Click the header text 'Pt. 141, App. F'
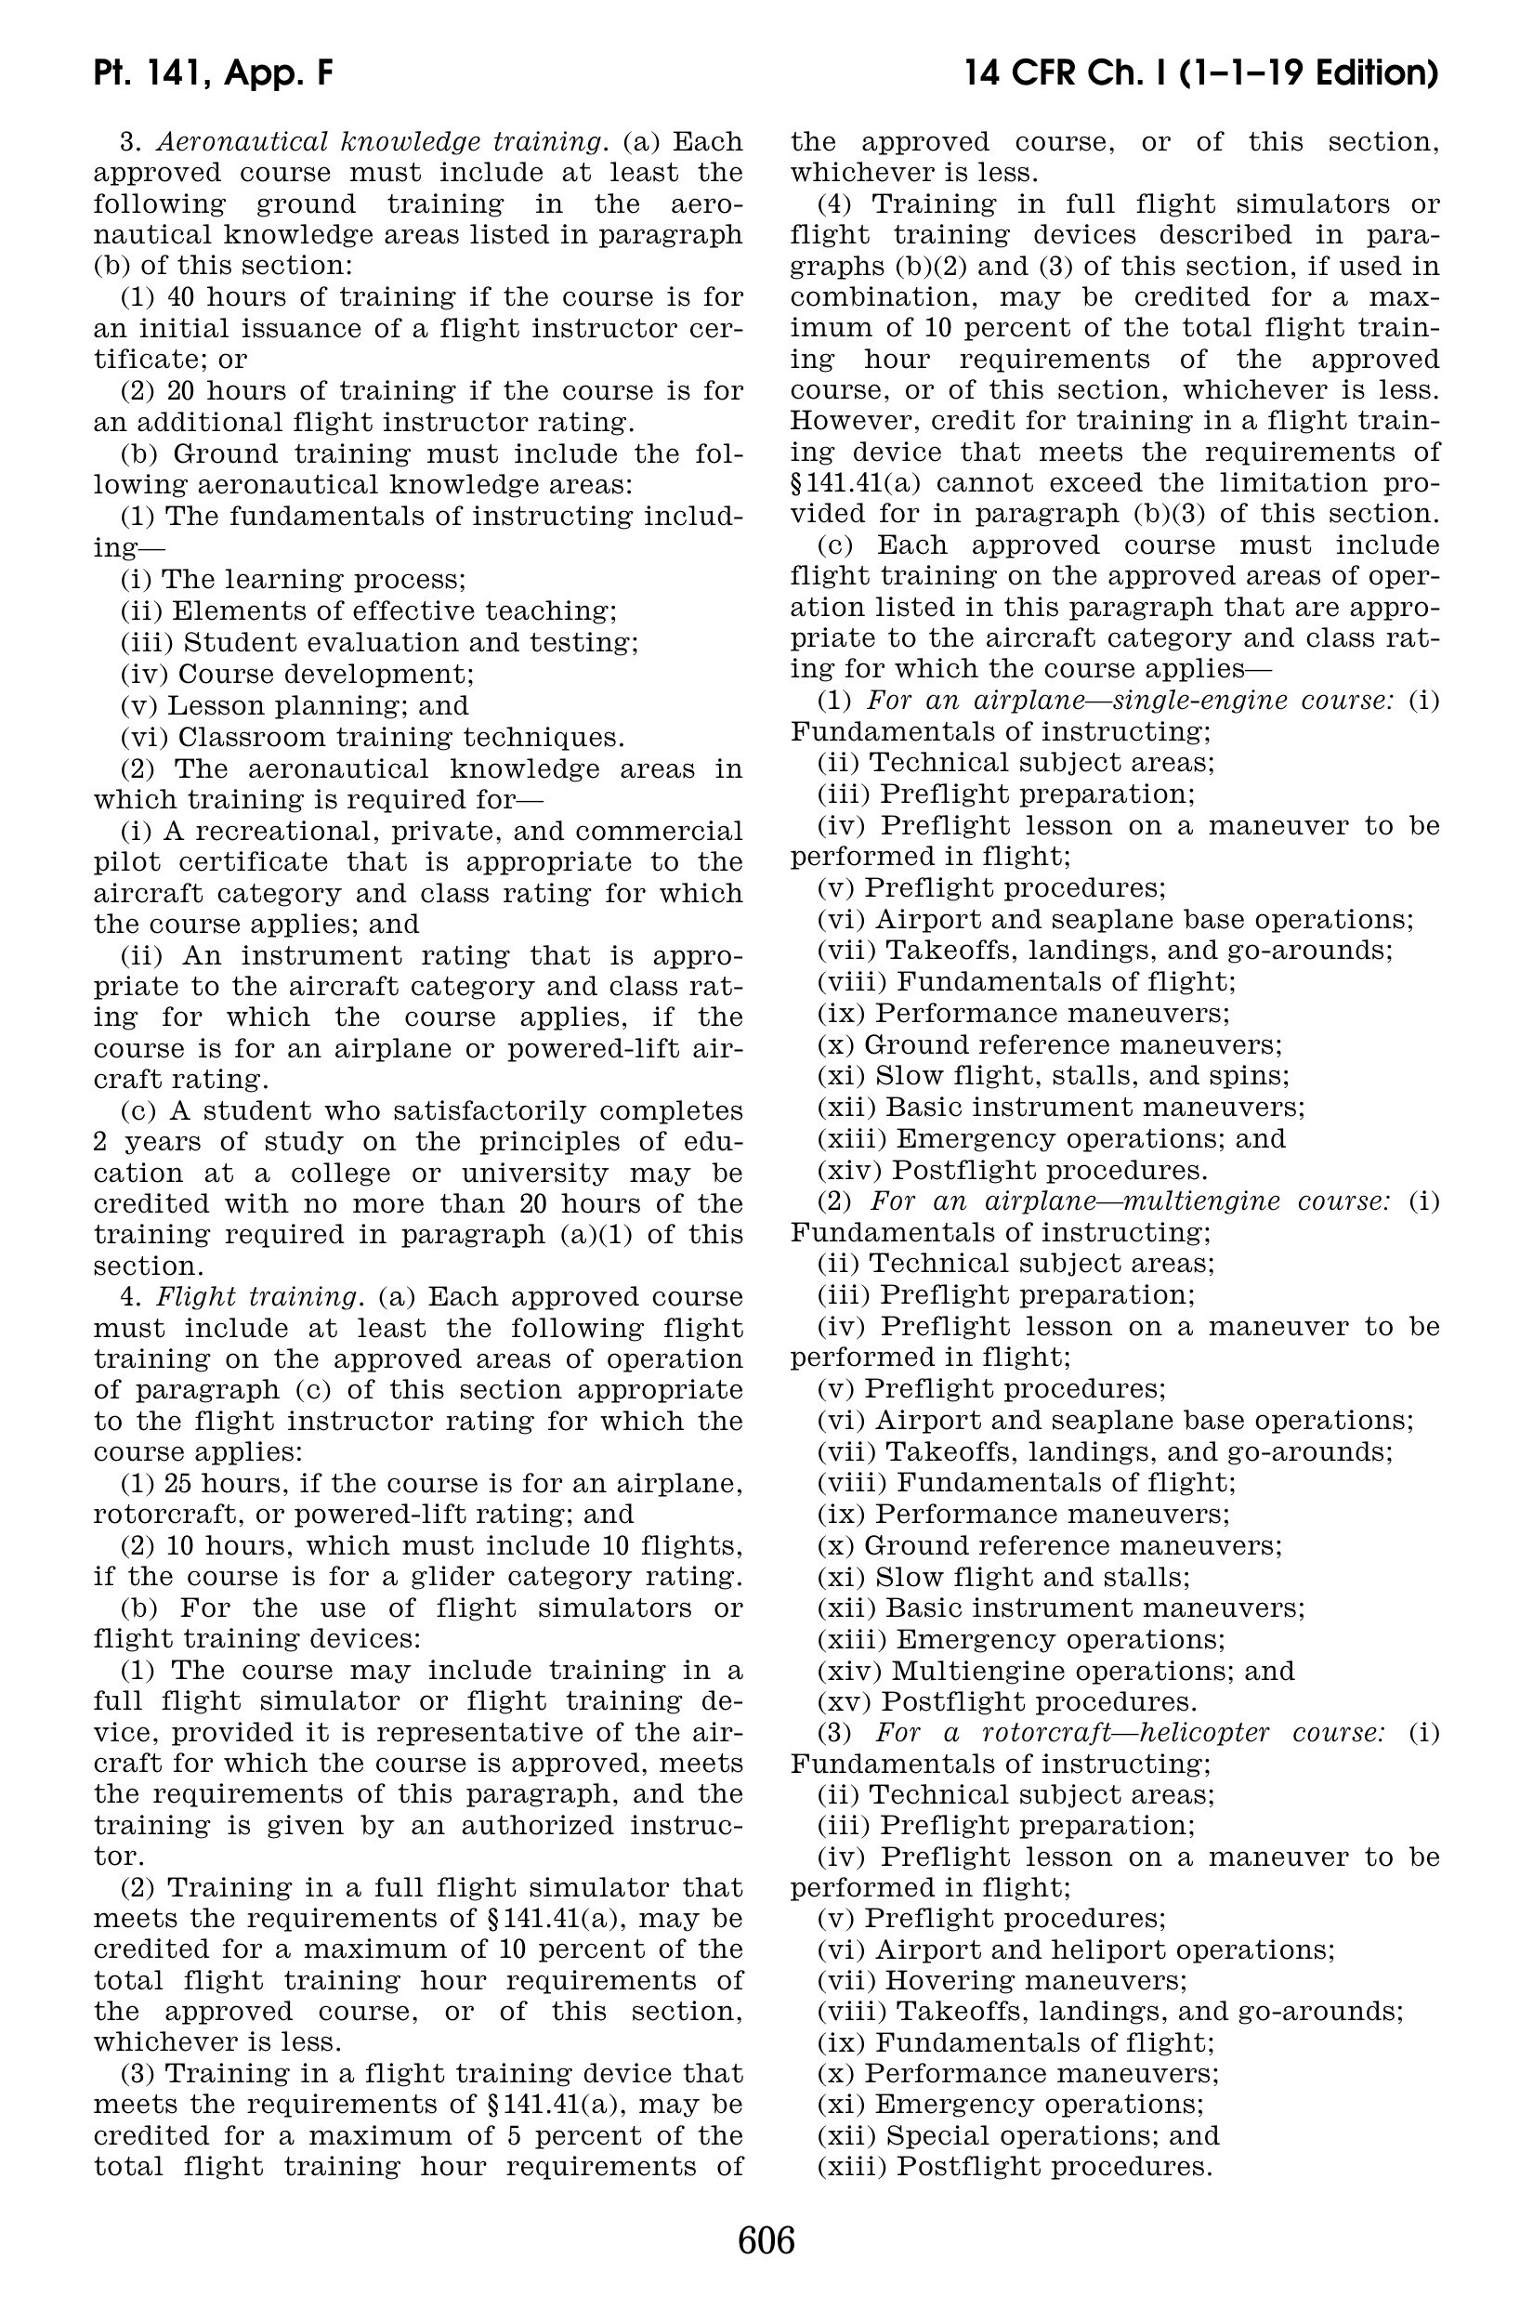pyautogui.click(x=214, y=73)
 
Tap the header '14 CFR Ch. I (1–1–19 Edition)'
pyautogui.click(x=1200, y=73)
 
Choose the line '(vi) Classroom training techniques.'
pyautogui.click(x=373, y=736)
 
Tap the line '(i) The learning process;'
pyautogui.click(x=294, y=580)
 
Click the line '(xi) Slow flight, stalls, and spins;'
pyautogui.click(x=1053, y=1076)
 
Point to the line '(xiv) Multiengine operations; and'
pyautogui.click(x=1055, y=1671)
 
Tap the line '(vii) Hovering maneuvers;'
pyautogui.click(x=1002, y=1982)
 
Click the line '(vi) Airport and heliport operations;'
pyautogui.click(x=1077, y=1950)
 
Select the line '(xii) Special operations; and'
pyautogui.click(x=1017, y=2138)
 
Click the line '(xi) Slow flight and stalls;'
pyautogui.click(x=1003, y=1577)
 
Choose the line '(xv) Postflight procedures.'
pyautogui.click(x=1007, y=1702)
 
